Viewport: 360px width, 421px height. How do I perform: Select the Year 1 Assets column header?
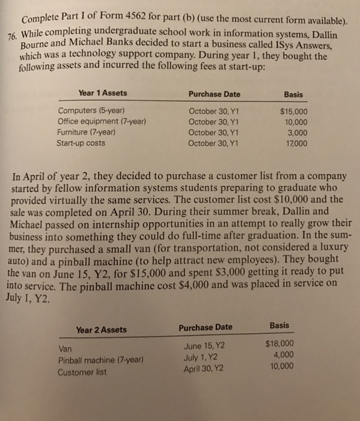102,93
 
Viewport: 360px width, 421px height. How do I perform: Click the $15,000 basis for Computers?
294,111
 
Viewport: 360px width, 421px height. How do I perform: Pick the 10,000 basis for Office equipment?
297,121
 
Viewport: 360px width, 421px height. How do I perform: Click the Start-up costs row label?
84,143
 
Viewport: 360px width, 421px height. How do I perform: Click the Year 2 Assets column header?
101,329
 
